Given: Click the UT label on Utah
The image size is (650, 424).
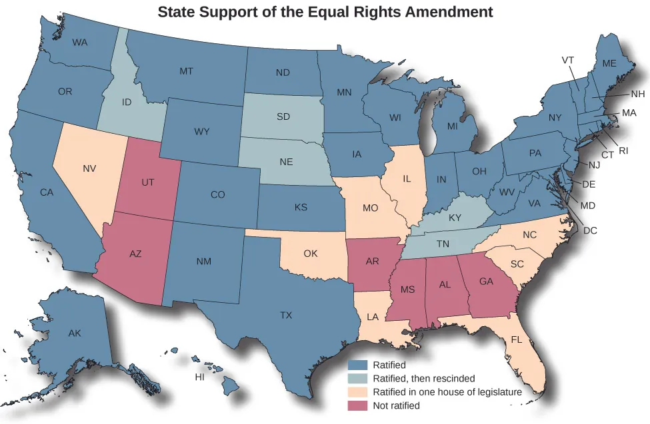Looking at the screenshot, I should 148,181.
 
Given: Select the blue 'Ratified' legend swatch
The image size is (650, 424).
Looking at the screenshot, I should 359,365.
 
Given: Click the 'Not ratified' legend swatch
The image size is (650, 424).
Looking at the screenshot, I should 359,405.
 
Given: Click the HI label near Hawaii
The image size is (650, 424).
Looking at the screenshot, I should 199,377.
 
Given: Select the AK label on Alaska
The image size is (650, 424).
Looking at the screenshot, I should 74,333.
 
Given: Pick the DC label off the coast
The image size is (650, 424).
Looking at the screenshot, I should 589,230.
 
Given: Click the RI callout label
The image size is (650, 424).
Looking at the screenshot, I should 623,150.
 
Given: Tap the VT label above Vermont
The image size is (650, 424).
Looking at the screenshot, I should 568,60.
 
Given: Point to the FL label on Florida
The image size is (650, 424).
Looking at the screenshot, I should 516,339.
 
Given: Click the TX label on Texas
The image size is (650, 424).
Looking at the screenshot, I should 286,315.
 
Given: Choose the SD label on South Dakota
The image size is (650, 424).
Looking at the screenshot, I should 283,117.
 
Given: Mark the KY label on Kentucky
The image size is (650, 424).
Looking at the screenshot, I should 455,218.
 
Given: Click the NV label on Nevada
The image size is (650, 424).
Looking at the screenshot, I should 89,168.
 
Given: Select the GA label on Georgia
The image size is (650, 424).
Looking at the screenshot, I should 486,281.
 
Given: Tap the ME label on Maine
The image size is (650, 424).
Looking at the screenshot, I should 609,64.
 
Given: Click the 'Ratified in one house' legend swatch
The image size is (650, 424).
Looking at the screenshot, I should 359,392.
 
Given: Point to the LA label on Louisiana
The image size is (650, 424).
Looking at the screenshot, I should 373,317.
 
